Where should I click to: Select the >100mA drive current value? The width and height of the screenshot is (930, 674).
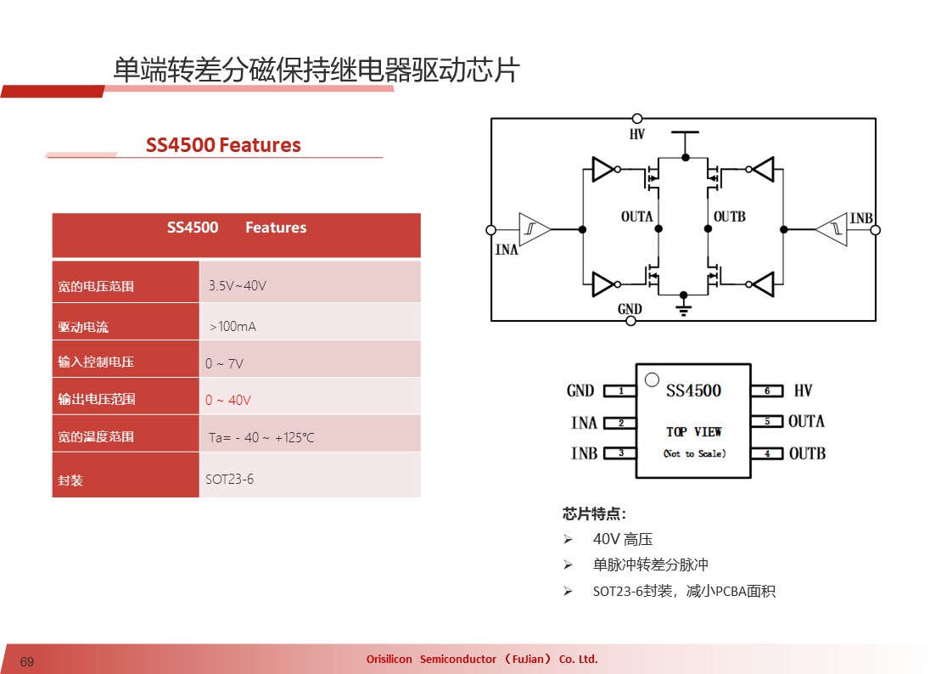(232, 326)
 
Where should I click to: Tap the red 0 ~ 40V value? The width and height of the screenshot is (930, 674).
(227, 401)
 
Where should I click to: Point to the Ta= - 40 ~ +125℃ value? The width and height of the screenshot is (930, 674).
(261, 438)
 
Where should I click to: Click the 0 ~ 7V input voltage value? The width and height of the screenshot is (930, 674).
(224, 363)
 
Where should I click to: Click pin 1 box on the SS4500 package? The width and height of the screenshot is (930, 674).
(619, 390)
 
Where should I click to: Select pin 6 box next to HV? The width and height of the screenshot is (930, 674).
(767, 390)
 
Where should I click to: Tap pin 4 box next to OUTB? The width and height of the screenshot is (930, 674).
(767, 453)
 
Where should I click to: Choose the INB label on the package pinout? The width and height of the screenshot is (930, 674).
(584, 453)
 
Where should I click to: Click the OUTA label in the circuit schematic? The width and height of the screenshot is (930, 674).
(636, 216)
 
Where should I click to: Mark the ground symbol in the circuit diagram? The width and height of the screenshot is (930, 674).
(684, 307)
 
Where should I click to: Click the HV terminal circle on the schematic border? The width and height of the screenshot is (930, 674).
(637, 119)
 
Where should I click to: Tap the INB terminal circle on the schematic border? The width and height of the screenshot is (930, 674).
(876, 229)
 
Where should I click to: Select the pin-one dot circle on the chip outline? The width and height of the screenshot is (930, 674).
(652, 379)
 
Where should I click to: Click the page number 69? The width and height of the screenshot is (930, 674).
(26, 661)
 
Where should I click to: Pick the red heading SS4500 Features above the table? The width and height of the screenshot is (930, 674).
(224, 145)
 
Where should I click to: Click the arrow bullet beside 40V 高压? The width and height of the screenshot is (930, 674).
(569, 539)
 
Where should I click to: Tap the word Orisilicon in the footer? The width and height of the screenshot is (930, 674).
(389, 660)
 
